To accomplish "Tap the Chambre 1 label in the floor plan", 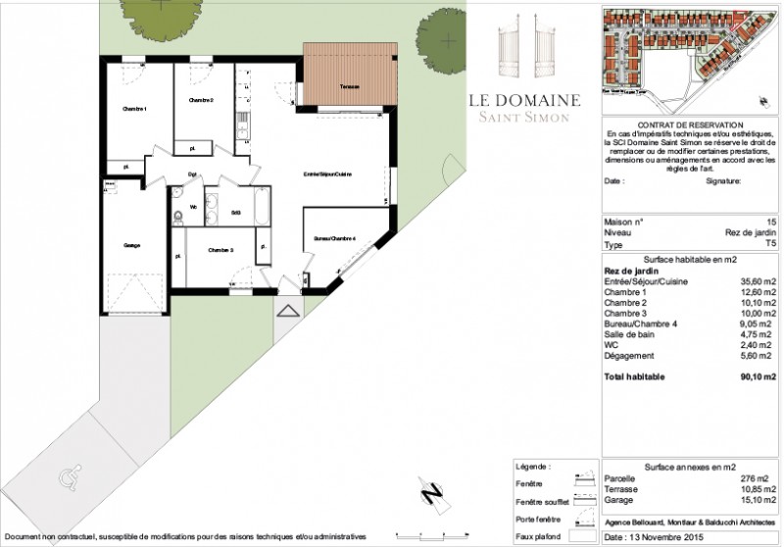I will click(x=133, y=108).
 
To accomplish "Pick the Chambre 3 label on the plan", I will click(x=220, y=251).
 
